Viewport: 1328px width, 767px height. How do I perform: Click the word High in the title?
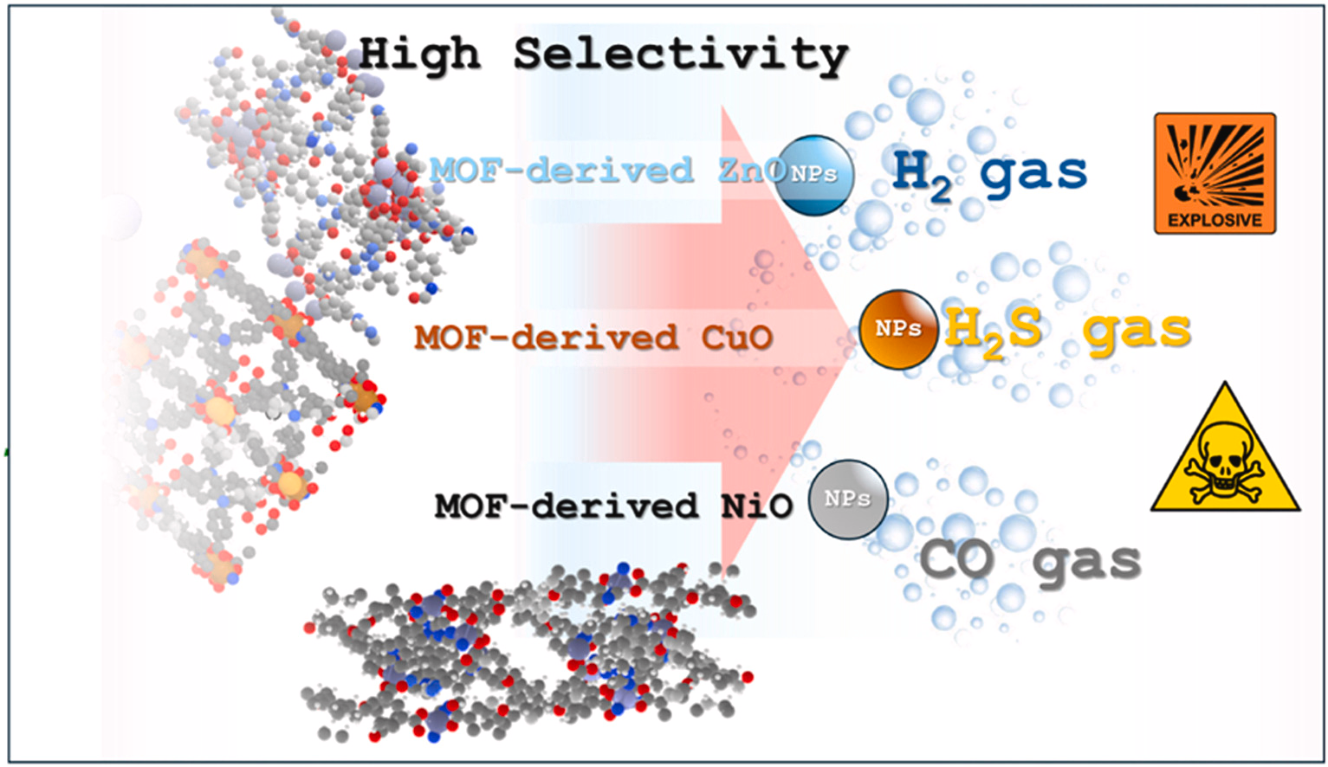pos(418,55)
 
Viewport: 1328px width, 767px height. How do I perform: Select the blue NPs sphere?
pos(813,175)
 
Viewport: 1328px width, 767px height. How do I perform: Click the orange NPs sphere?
pos(897,330)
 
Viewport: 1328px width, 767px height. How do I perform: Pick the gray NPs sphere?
pos(847,500)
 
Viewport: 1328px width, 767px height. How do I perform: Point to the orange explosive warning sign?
pos(1215,173)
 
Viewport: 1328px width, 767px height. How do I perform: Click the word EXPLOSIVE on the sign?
pos(1215,220)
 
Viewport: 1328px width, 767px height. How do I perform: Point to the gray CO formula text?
pos(956,560)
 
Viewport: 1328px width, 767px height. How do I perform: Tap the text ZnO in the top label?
pos(747,170)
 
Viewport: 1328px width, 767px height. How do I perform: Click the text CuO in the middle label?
pos(737,338)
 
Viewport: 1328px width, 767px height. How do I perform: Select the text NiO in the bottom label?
pos(756,506)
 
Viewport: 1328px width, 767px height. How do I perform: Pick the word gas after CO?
pos(1086,564)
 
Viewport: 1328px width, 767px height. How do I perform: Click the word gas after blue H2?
pos(1033,173)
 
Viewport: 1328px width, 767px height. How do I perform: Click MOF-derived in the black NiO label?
pos(566,506)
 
